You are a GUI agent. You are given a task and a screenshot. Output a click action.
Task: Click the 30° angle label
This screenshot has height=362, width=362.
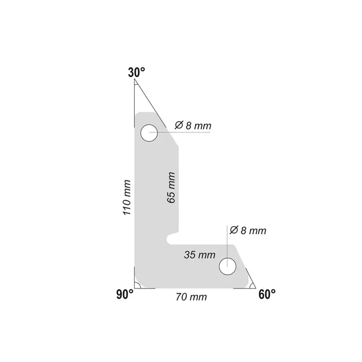click(x=136, y=72)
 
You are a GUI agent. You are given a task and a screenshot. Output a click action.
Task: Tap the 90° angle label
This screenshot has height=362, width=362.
click(x=125, y=294)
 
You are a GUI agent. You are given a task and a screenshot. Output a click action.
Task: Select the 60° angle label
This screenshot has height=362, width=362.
click(x=267, y=294)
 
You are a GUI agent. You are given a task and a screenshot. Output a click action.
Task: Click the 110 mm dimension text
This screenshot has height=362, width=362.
click(x=127, y=197)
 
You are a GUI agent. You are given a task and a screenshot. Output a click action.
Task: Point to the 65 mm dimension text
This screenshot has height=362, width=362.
click(x=171, y=187)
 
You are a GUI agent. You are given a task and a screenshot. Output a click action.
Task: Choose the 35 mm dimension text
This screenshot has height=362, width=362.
click(x=200, y=255)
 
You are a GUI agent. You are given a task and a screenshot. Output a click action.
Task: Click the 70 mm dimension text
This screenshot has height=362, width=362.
click(x=191, y=297)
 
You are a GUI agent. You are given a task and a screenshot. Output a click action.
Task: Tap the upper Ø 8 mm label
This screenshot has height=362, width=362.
click(x=193, y=126)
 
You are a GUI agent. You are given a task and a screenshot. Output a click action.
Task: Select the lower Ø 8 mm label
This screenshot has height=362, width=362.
click(x=248, y=230)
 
